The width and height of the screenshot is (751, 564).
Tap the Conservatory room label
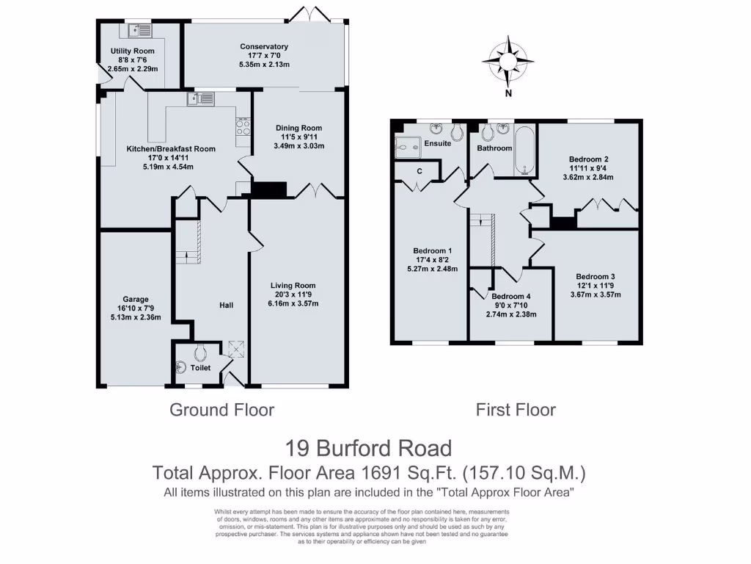coord(264,47)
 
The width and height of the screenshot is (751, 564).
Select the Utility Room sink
coord(139,31)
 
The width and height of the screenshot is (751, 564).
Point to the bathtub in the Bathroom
coord(524,151)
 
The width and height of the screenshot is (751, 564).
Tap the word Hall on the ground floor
coord(227,305)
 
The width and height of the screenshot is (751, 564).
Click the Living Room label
coord(293,286)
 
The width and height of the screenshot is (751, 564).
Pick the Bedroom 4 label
coord(510,297)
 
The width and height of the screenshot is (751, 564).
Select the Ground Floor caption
coord(221,410)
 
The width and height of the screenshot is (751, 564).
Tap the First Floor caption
coord(516,410)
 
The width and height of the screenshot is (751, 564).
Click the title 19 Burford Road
coord(367,447)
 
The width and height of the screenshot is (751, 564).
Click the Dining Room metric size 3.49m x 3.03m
coord(298,145)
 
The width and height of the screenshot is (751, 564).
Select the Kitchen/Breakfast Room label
coord(171,149)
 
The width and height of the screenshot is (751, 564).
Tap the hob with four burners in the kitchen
coord(243,129)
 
